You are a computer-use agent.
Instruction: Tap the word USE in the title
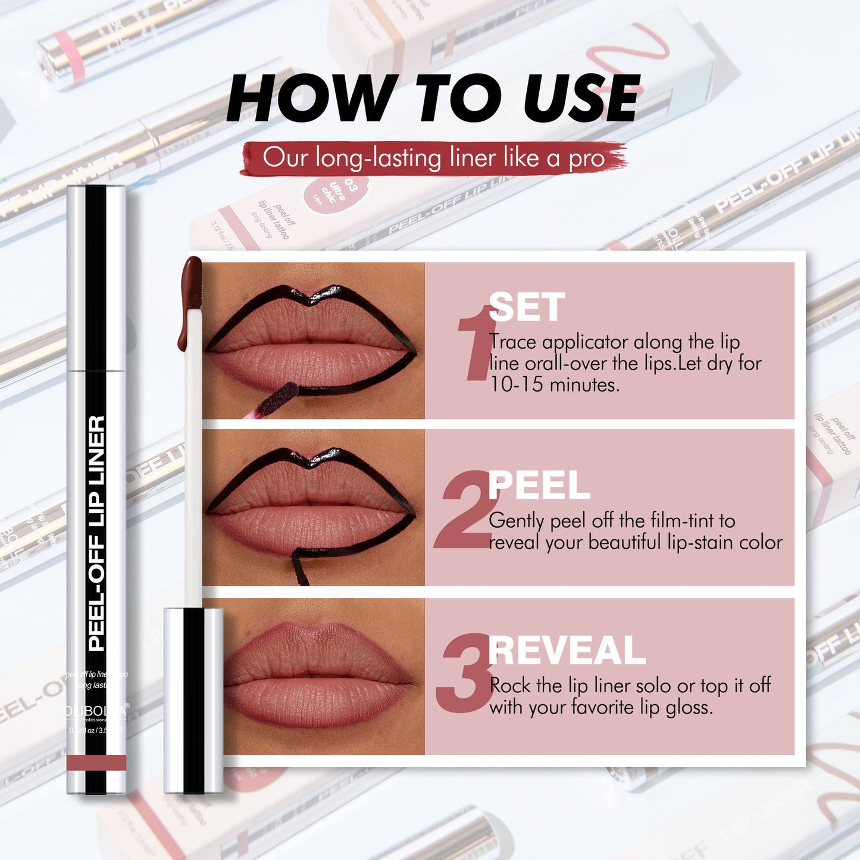pos(581,98)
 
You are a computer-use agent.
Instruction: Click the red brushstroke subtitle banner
pos(433,158)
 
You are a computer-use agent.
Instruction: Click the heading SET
pos(526,308)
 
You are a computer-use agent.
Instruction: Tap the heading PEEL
pos(539,486)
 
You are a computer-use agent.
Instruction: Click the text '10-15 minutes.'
pos(554,385)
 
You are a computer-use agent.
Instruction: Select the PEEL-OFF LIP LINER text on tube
pos(96,533)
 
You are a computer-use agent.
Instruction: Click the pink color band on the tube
pos(96,762)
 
